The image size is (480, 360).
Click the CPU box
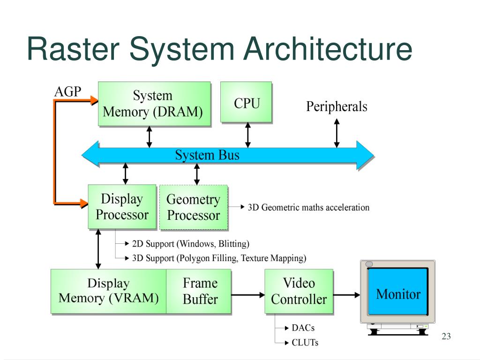point(246,102)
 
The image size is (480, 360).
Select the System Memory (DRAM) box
point(154,104)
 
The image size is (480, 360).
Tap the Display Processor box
point(122,207)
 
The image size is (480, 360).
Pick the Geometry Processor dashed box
point(194,208)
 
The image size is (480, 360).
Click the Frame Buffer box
point(199,292)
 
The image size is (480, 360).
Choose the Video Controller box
point(299,292)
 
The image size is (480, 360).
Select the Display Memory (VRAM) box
point(108,292)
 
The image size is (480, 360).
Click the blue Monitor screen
point(397,292)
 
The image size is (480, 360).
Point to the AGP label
point(67,91)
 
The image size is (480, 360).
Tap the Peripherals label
point(337,106)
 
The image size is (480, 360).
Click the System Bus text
point(207,155)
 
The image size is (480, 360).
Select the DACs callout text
point(303,328)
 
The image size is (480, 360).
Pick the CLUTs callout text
point(305,343)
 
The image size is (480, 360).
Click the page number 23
point(446,336)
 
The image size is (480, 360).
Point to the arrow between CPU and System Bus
point(248,135)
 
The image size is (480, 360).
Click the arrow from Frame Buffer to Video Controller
point(248,295)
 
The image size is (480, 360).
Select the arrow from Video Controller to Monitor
point(346,295)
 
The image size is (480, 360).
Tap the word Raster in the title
point(73,49)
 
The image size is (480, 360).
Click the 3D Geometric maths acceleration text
point(308,208)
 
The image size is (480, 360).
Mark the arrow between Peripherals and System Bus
point(337,133)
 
